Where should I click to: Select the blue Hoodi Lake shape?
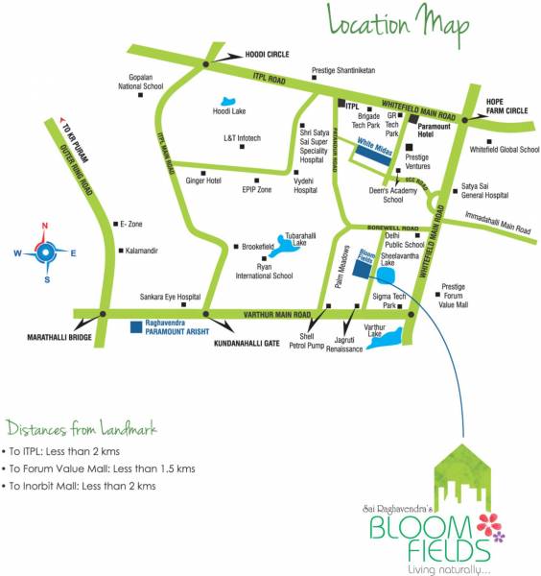228,100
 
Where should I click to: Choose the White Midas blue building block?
373,153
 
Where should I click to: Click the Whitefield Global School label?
505,150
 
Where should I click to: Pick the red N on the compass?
43,227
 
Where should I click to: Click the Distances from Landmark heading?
82,427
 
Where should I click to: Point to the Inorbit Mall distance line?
81,486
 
